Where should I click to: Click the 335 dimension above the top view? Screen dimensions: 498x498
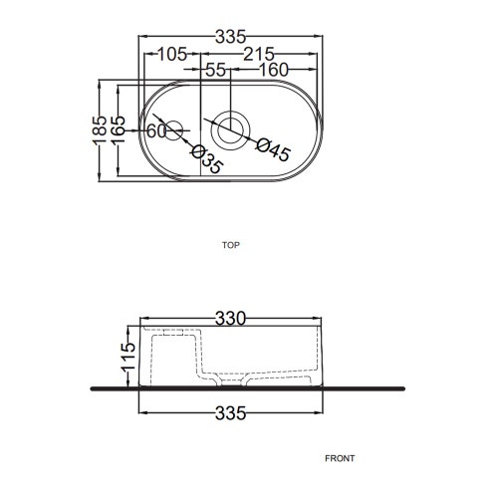(230, 37)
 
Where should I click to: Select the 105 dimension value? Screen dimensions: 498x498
(172, 54)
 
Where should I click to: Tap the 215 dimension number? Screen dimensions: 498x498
(259, 54)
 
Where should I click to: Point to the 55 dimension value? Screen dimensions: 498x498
(216, 70)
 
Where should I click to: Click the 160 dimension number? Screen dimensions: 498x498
(274, 70)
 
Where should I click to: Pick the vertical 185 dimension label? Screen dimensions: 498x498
(101, 130)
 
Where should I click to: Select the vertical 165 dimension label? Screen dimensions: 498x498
(119, 130)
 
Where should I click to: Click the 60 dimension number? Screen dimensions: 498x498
(156, 130)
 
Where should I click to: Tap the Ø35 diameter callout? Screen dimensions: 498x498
(206, 159)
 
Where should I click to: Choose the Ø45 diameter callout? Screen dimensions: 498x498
(274, 149)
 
